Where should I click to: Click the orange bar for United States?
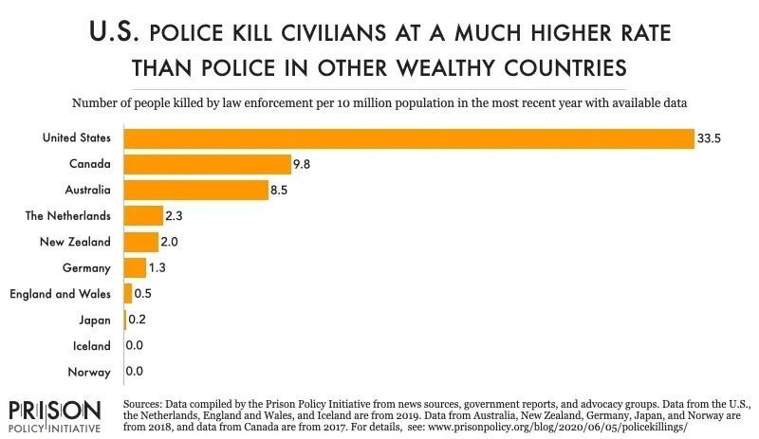(x=408, y=138)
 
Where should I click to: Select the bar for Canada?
(x=207, y=164)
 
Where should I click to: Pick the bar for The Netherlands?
(x=143, y=216)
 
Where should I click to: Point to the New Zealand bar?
(x=140, y=242)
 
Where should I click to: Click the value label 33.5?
(x=710, y=138)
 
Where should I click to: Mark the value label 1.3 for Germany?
(x=158, y=268)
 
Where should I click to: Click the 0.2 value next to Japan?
(x=137, y=320)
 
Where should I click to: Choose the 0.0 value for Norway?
(x=134, y=373)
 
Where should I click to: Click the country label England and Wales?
(x=60, y=294)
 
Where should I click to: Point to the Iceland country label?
(x=92, y=346)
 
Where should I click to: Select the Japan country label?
(x=95, y=320)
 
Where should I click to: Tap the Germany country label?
(x=88, y=268)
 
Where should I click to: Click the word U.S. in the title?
(x=119, y=34)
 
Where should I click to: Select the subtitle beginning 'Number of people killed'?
(x=379, y=101)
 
